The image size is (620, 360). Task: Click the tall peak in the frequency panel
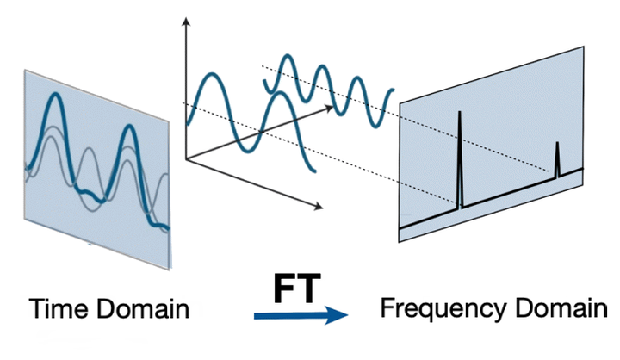[x=460, y=116]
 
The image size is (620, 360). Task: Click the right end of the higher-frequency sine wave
[x=393, y=90]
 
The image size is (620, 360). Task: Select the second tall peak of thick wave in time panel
[x=128, y=129]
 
